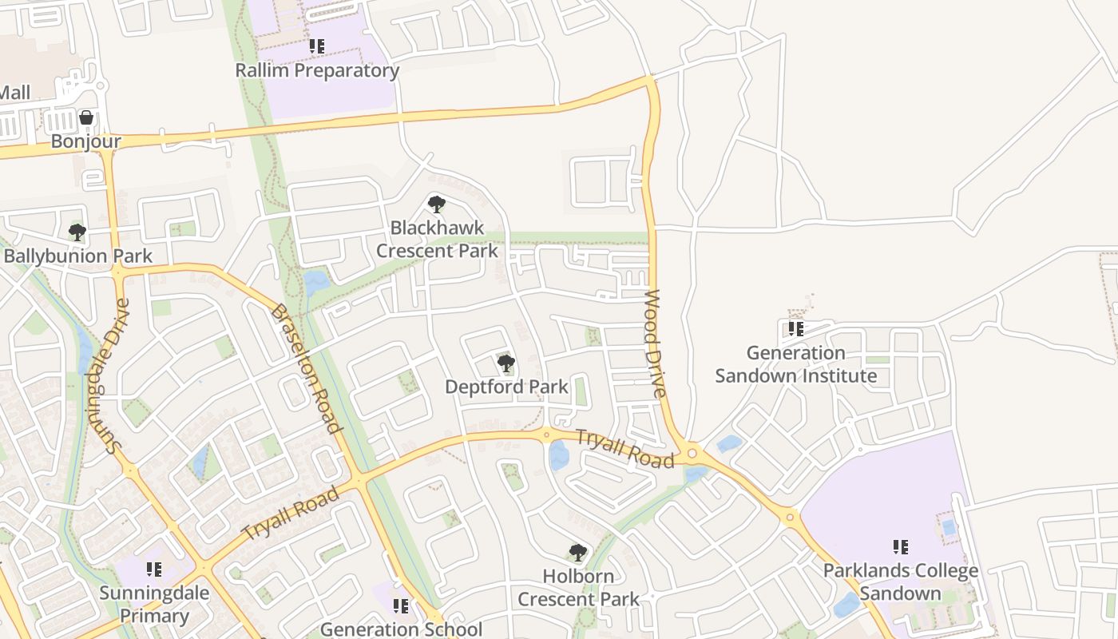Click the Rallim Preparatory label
point(317,70)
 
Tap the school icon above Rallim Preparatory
point(317,46)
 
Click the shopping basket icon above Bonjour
point(86,118)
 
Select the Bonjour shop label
point(85,141)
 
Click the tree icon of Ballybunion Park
point(77,232)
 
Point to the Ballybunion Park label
point(77,256)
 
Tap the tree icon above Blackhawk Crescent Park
point(436,204)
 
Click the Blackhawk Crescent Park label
point(437,239)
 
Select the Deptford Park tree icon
point(505,364)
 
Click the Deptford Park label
point(506,387)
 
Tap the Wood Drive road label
point(655,343)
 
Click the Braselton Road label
point(307,368)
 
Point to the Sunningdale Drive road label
point(109,375)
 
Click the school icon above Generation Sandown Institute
point(795,328)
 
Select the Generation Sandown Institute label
point(795,363)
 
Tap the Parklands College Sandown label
point(900,581)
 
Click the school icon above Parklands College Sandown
point(901,547)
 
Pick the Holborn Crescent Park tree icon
point(577,553)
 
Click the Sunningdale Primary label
point(154,605)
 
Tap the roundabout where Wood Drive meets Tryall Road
point(692,453)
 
